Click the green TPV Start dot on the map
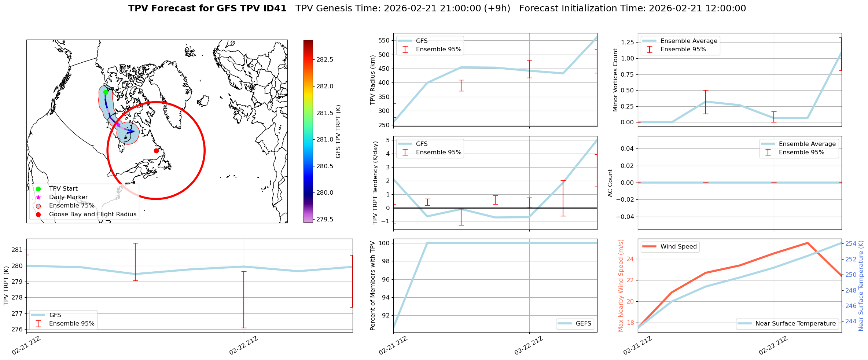106,92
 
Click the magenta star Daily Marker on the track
118,125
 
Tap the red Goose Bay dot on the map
156,151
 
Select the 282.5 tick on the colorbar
325,60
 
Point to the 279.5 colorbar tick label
325,219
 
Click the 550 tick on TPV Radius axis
383,41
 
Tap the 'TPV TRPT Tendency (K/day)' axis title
375,183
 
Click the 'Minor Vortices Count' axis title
615,80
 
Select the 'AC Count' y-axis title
610,183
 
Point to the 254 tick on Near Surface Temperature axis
851,243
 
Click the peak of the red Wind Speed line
808,243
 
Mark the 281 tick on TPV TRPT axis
17,250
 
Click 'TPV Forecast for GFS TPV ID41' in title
207,8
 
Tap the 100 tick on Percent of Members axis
383,243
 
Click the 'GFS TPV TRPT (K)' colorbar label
338,132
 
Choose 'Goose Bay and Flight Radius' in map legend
92,214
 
